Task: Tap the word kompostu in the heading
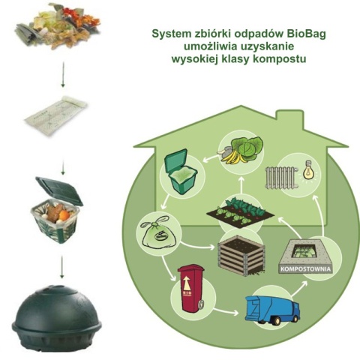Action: (283, 58)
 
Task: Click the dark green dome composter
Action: (55, 313)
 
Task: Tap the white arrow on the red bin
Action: (189, 284)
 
